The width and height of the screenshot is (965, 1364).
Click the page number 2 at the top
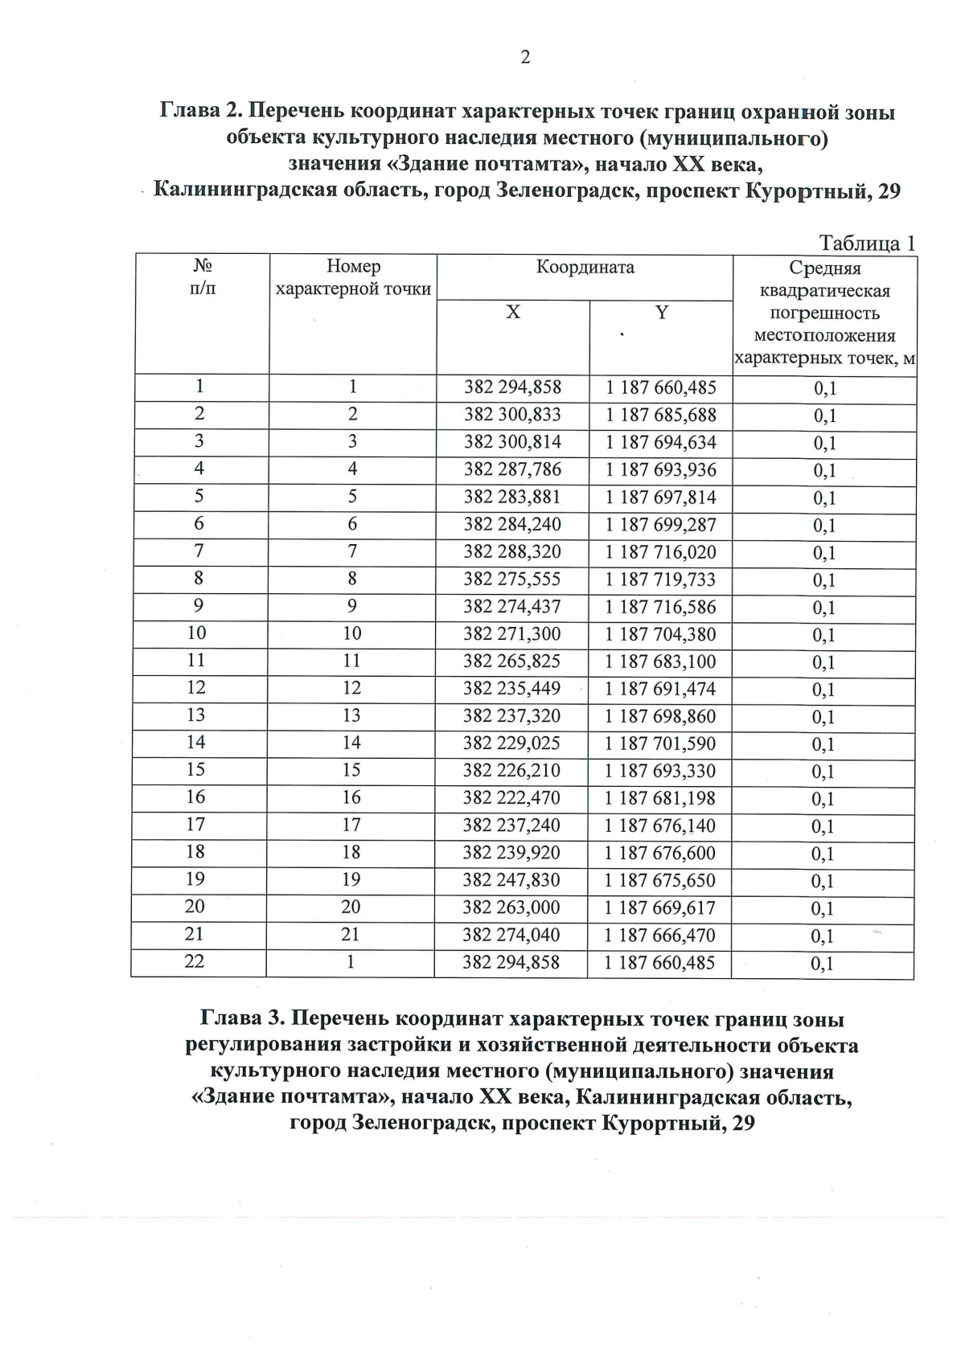525,58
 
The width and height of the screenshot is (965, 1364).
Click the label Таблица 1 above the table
867,243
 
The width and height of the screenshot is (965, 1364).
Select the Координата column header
585,268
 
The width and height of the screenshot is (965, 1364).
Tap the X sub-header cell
513,313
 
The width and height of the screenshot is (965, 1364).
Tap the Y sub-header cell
661,313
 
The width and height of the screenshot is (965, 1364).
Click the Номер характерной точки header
353,277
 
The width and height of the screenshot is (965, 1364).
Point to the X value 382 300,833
512,415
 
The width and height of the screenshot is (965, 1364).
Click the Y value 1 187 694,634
661,443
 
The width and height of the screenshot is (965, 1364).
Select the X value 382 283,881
512,498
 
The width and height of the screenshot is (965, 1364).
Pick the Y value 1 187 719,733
660,580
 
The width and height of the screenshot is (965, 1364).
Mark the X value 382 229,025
511,743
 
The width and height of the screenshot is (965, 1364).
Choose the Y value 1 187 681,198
659,798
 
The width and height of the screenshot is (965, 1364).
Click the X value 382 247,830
511,880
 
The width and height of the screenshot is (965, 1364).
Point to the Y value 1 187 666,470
659,936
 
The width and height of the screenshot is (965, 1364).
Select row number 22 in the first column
195,961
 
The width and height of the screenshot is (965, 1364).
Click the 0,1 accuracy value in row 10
823,636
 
